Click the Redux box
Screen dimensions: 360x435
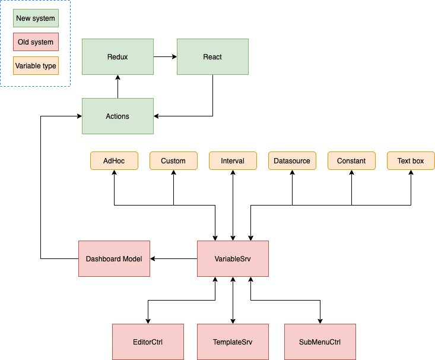pyautogui.click(x=118, y=57)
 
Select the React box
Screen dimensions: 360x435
pyautogui.click(x=212, y=57)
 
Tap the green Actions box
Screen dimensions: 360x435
pyautogui.click(x=118, y=116)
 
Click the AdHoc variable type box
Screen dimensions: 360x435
pyautogui.click(x=114, y=161)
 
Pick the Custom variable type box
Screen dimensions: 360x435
pyautogui.click(x=173, y=161)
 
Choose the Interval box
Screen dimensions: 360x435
pyautogui.click(x=233, y=161)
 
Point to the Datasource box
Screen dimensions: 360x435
pyautogui.click(x=292, y=161)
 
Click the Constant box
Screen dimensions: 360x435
pyautogui.click(x=351, y=161)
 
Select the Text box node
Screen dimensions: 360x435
pyautogui.click(x=411, y=161)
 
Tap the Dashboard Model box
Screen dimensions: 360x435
pyautogui.click(x=114, y=259)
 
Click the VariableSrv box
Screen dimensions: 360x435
pyautogui.click(x=233, y=259)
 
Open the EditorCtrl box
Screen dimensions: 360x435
pyautogui.click(x=148, y=342)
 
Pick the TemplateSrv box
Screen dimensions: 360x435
pyautogui.click(x=233, y=342)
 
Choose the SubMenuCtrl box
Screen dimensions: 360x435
pyautogui.click(x=320, y=342)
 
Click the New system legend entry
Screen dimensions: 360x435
pyautogui.click(x=36, y=18)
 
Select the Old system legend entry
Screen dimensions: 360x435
pyautogui.click(x=36, y=42)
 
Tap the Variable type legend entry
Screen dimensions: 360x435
pyautogui.click(x=36, y=66)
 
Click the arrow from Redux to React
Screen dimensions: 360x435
pyautogui.click(x=165, y=57)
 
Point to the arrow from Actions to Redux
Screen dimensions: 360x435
pyautogui.click(x=118, y=87)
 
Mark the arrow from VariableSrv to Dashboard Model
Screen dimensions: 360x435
pyautogui.click(x=173, y=259)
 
